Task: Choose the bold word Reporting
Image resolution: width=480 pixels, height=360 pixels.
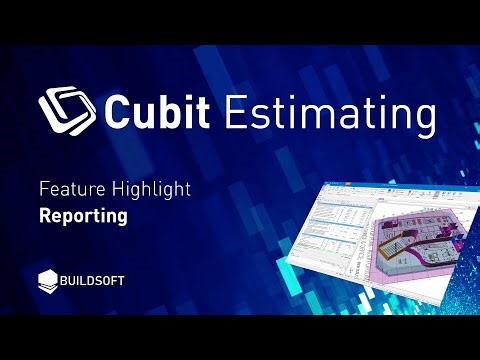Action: (x=82, y=214)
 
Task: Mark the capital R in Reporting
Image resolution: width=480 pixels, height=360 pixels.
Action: (x=45, y=214)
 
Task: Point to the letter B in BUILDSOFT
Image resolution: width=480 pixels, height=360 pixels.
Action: (x=70, y=281)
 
